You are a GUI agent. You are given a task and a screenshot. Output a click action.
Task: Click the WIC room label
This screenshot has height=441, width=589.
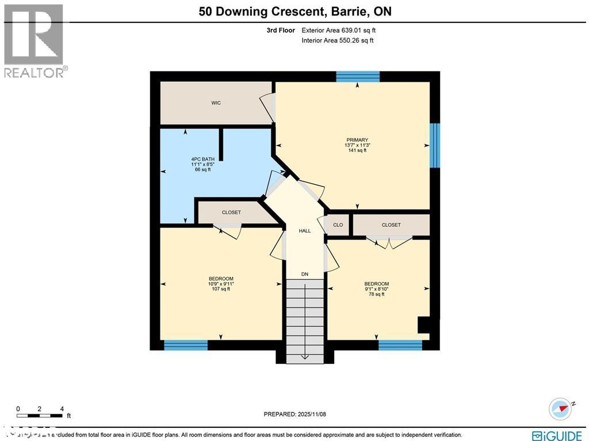[216, 103]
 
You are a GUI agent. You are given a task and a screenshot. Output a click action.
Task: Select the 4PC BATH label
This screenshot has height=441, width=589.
[200, 159]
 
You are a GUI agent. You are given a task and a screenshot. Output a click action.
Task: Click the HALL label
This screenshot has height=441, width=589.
[305, 231]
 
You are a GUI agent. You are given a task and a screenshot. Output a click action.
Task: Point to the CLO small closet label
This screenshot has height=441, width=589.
[338, 225]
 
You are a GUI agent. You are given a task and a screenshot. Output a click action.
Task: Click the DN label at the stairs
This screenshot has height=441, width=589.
[305, 274]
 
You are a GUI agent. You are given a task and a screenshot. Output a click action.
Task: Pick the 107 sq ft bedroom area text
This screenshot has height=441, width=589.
[221, 289]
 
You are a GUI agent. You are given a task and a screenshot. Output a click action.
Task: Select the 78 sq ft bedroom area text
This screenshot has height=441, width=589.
[376, 294]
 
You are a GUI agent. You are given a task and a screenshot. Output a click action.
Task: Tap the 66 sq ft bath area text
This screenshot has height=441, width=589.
[200, 170]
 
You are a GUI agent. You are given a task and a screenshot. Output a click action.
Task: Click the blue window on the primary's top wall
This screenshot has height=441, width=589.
[358, 77]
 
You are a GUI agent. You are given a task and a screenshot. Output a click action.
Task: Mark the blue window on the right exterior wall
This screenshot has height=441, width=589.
[435, 145]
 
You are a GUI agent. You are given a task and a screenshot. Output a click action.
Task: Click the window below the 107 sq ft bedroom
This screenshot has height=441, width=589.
[186, 345]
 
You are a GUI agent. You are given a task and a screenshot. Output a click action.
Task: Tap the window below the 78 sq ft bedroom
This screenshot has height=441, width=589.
[400, 345]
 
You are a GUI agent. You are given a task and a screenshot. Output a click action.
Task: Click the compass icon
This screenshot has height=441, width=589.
[560, 408]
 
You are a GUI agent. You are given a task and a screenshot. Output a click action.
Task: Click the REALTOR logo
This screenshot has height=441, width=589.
[34, 40]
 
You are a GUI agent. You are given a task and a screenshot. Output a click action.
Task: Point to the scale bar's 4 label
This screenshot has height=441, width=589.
[62, 409]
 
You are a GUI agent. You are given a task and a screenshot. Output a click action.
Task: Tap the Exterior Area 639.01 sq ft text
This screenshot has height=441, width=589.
[339, 30]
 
